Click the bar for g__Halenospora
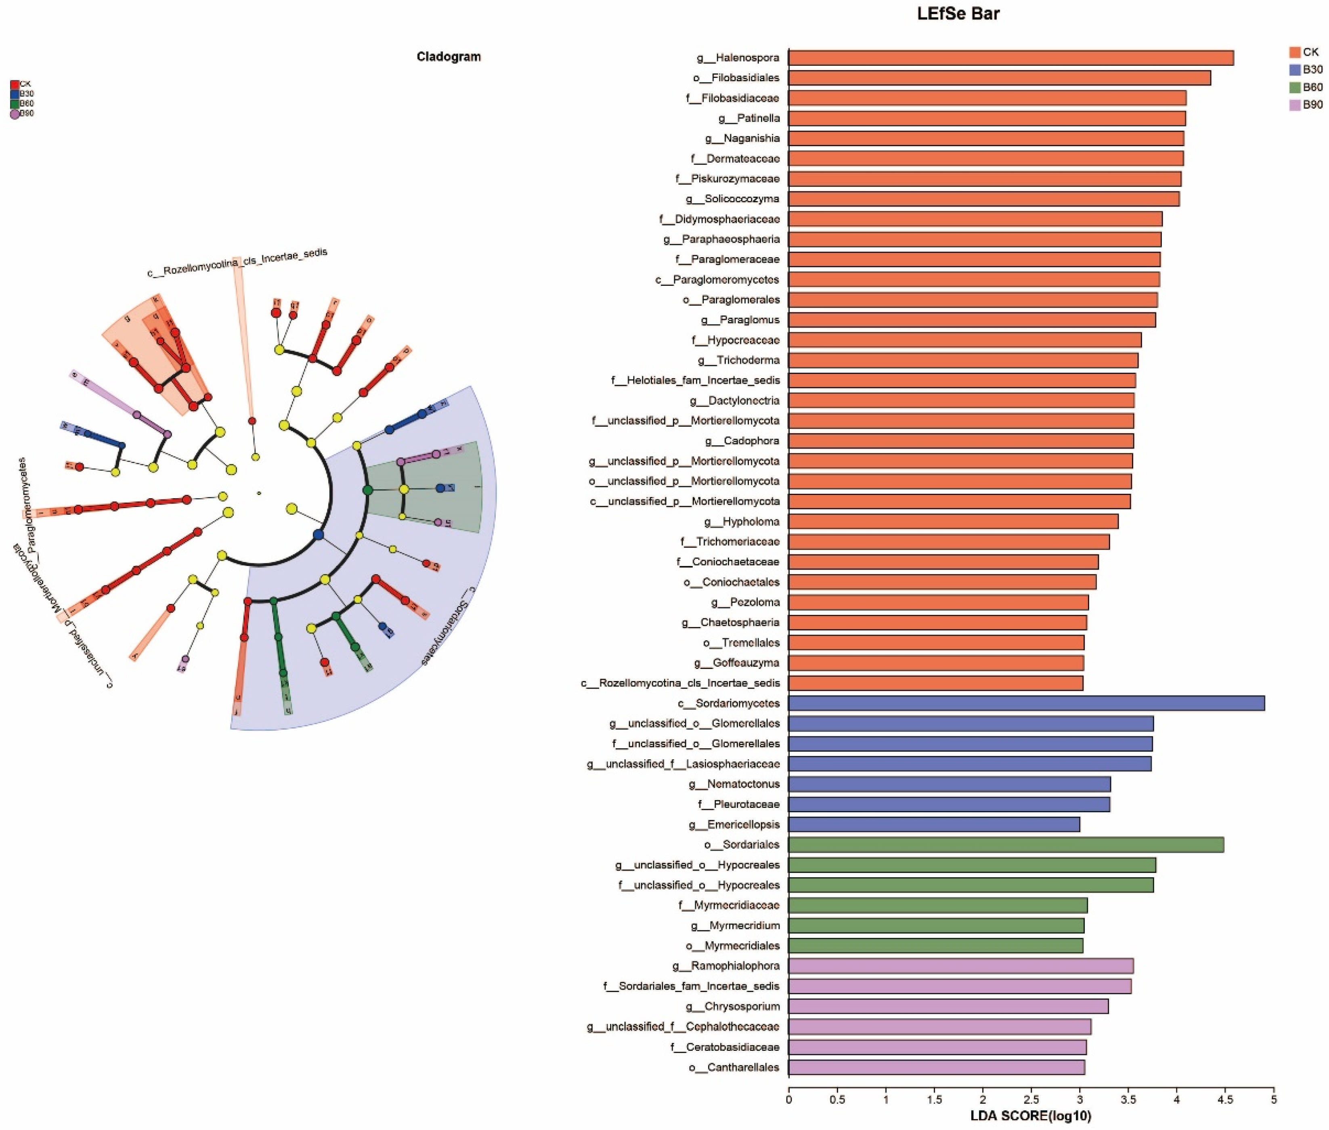(x=1011, y=58)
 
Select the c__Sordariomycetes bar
(x=1026, y=703)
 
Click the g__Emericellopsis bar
(x=934, y=824)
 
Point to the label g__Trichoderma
(x=738, y=360)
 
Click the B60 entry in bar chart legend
(x=1312, y=87)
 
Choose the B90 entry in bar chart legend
(x=1312, y=105)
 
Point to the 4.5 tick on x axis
(x=1224, y=1099)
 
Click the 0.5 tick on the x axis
(x=837, y=1099)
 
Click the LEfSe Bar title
(x=958, y=13)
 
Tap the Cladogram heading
(x=449, y=57)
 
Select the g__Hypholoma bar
(x=953, y=522)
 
